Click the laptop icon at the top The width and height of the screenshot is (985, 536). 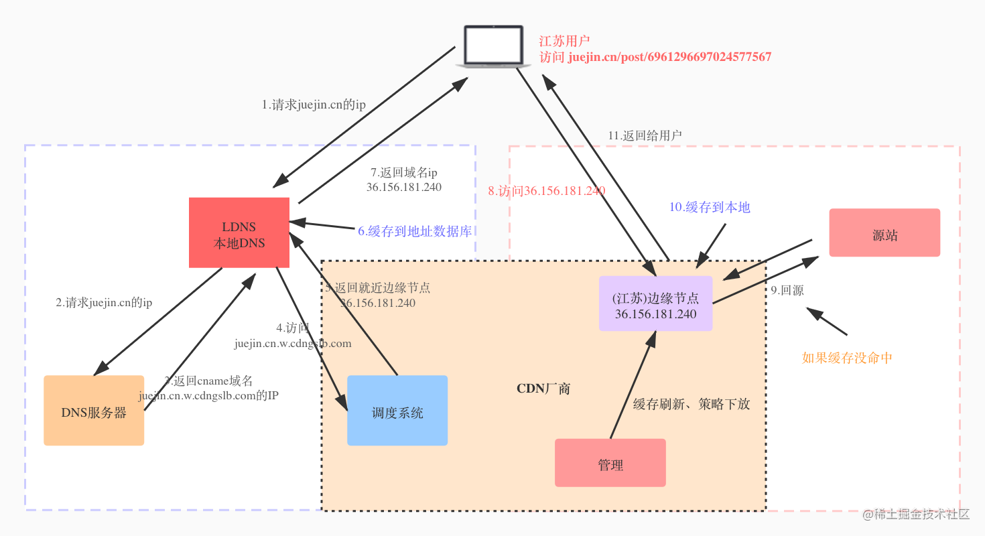(489, 46)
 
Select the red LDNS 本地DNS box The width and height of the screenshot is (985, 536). (239, 233)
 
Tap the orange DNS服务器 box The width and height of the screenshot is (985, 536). (94, 411)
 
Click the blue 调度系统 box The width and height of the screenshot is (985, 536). (397, 411)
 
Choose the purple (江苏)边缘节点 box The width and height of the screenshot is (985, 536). (655, 304)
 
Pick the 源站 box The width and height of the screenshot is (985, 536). (884, 233)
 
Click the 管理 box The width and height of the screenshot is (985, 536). (610, 463)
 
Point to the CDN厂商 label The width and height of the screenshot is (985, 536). (543, 389)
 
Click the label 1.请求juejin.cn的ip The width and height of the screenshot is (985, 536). (314, 105)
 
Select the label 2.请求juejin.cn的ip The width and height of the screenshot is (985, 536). (104, 303)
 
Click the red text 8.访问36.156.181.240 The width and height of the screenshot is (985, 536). (547, 191)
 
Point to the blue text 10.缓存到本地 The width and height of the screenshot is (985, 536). (710, 208)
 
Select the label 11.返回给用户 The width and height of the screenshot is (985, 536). (645, 135)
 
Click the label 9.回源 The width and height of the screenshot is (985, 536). (787, 291)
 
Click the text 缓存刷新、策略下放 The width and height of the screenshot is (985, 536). (692, 405)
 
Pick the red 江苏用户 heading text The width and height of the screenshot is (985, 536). (564, 42)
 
